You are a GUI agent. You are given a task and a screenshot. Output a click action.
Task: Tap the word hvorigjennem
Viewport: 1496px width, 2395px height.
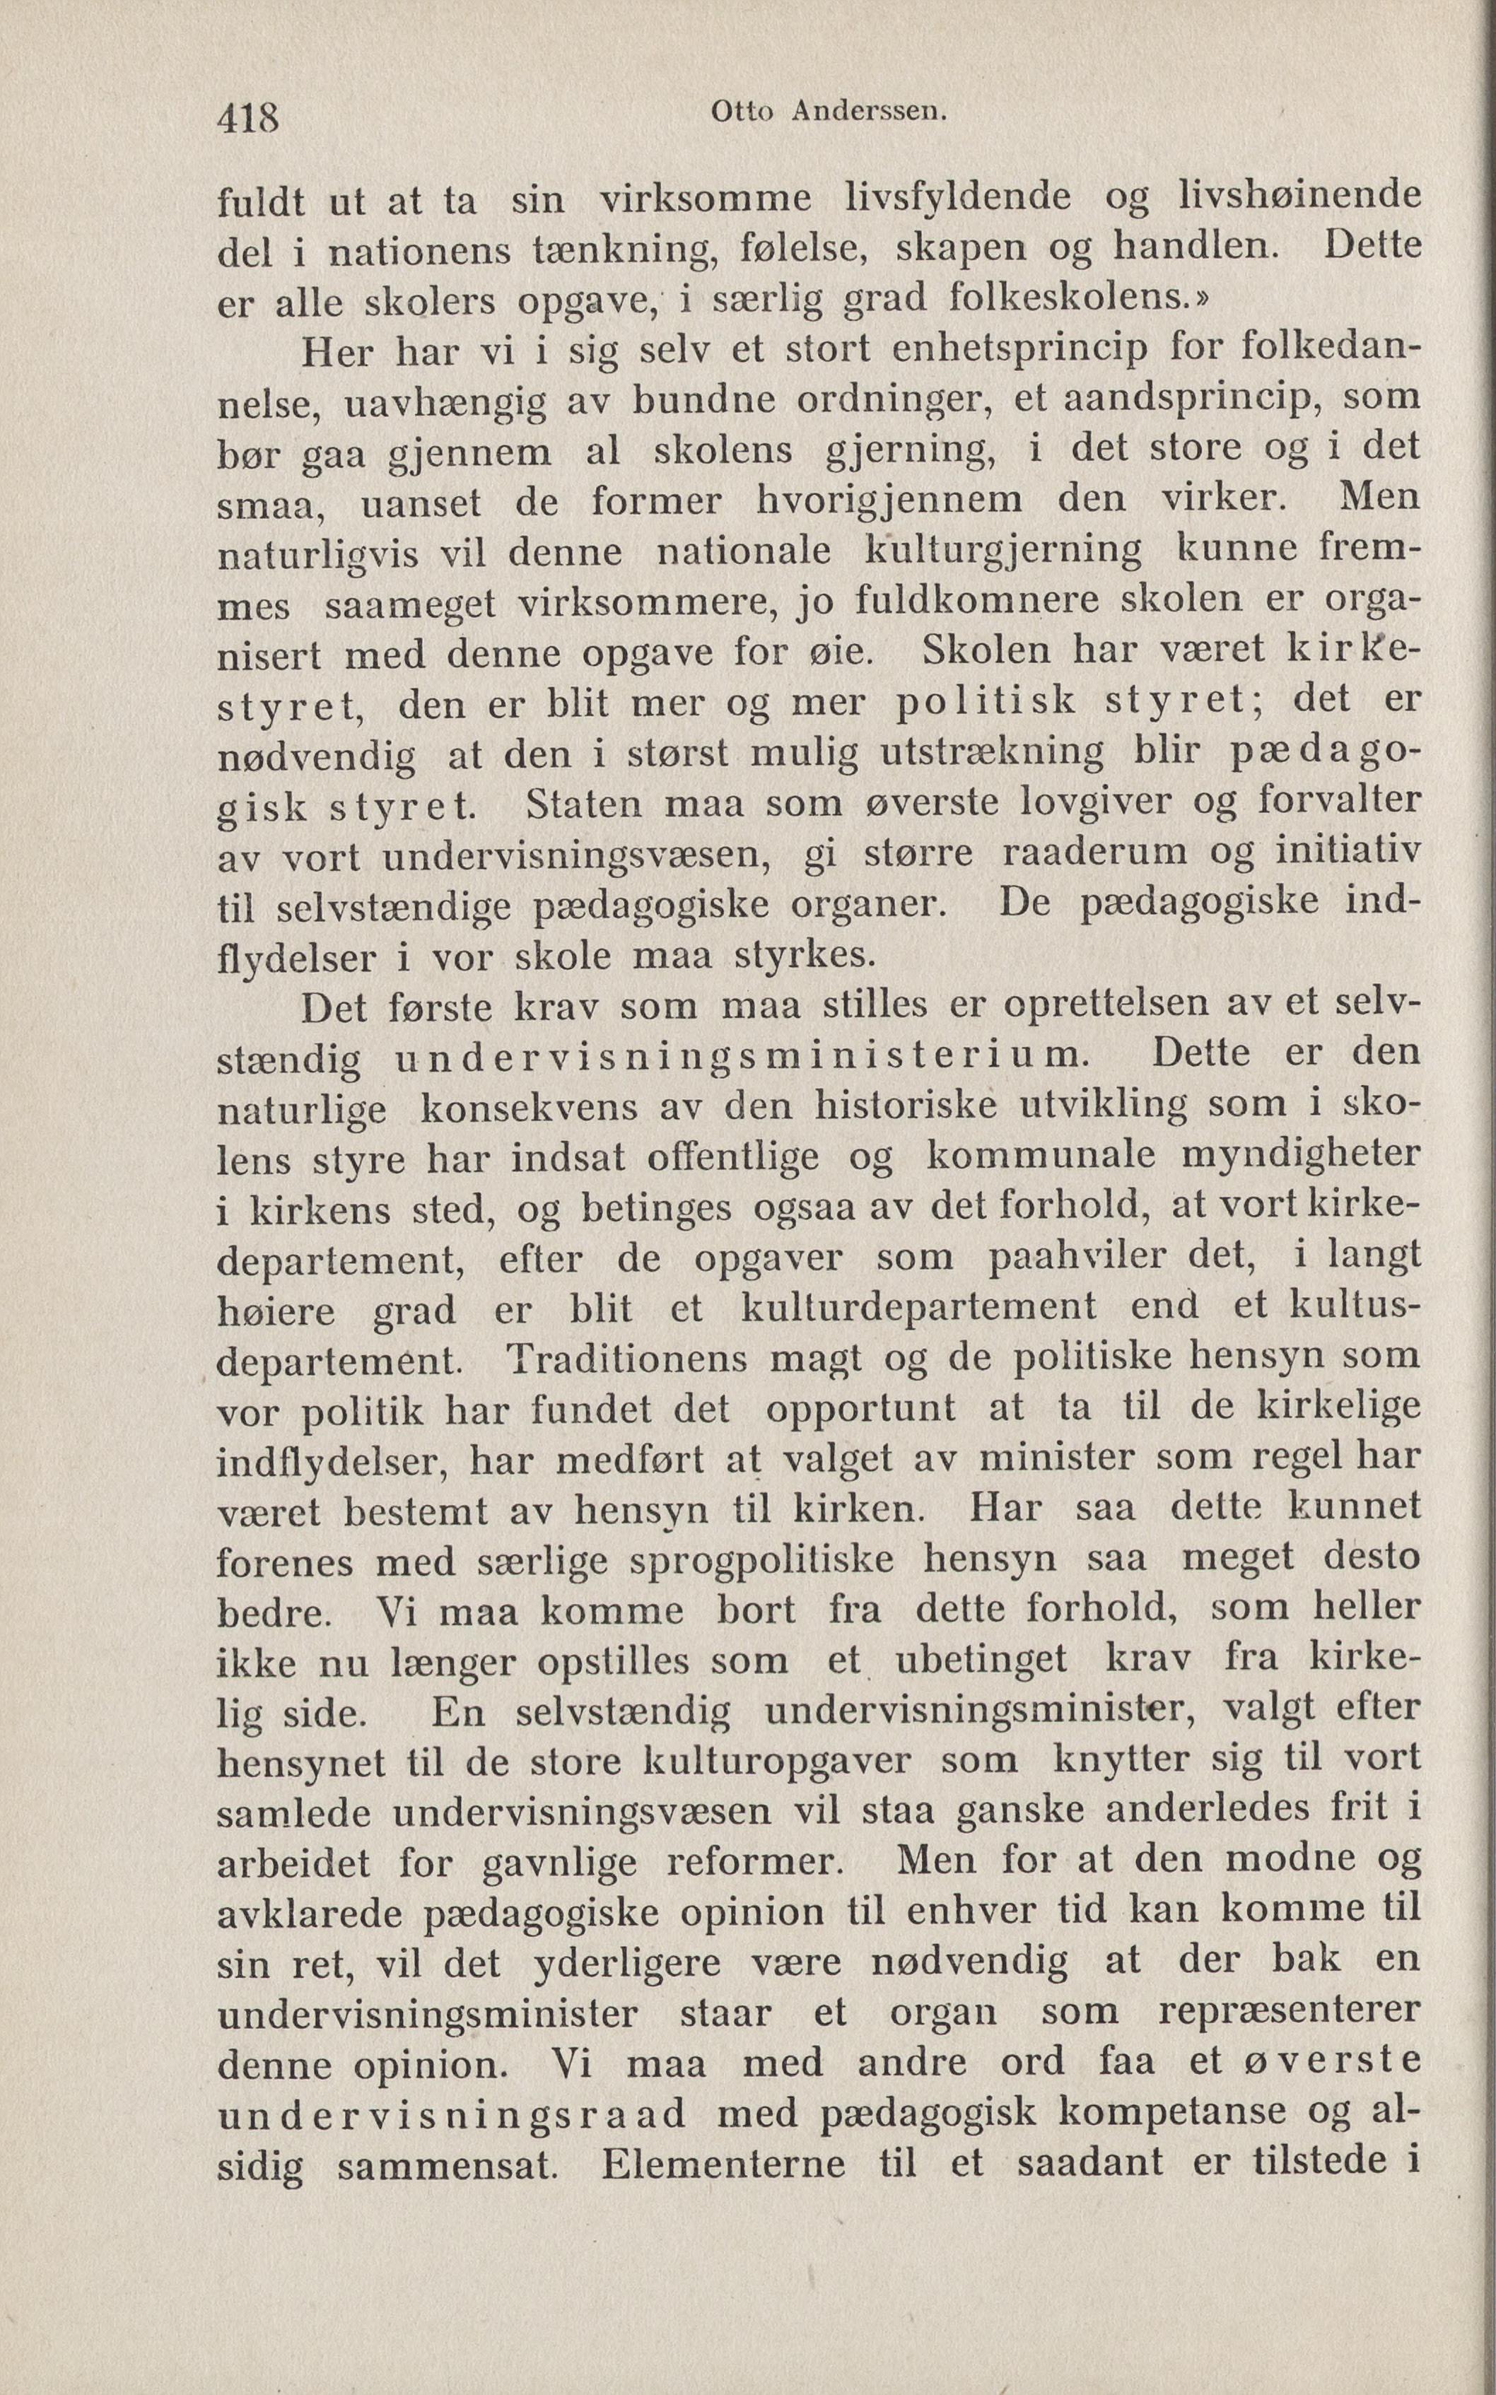tap(889, 498)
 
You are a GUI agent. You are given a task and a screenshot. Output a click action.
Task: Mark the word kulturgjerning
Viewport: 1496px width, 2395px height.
tap(1003, 550)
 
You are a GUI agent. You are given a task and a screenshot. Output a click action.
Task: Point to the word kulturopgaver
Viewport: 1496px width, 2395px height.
tap(777, 1762)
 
